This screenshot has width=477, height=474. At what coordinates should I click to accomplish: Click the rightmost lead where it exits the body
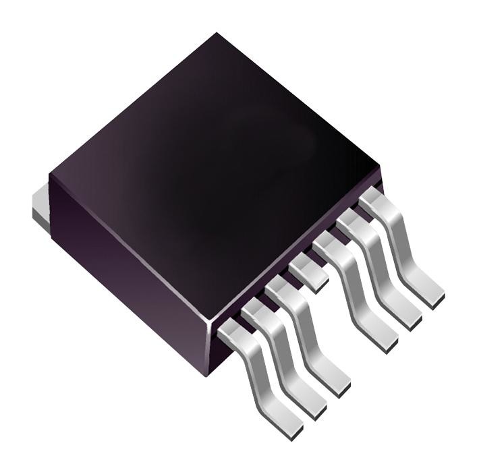point(372,199)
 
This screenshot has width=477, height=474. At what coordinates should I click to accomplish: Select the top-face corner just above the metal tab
point(50,176)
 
